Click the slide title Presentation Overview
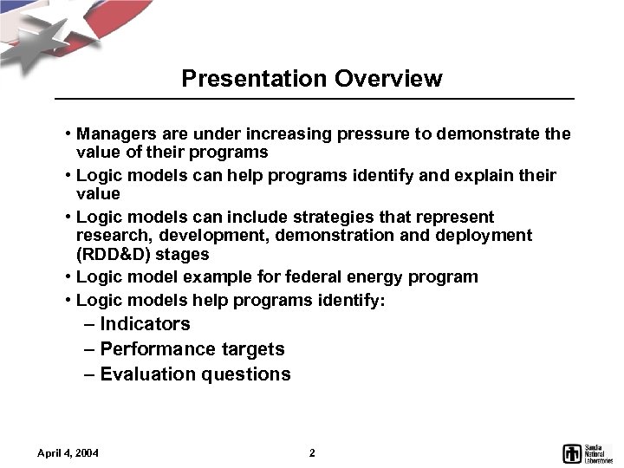coord(312,79)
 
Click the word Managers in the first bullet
coord(112,134)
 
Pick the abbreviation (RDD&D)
coord(114,255)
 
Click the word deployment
coord(491,236)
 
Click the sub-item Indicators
coord(145,324)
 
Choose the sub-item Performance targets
coord(192,349)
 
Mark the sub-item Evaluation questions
coord(195,374)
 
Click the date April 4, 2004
coord(68,453)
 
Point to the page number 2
coord(312,453)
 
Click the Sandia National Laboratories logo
coord(588,452)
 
